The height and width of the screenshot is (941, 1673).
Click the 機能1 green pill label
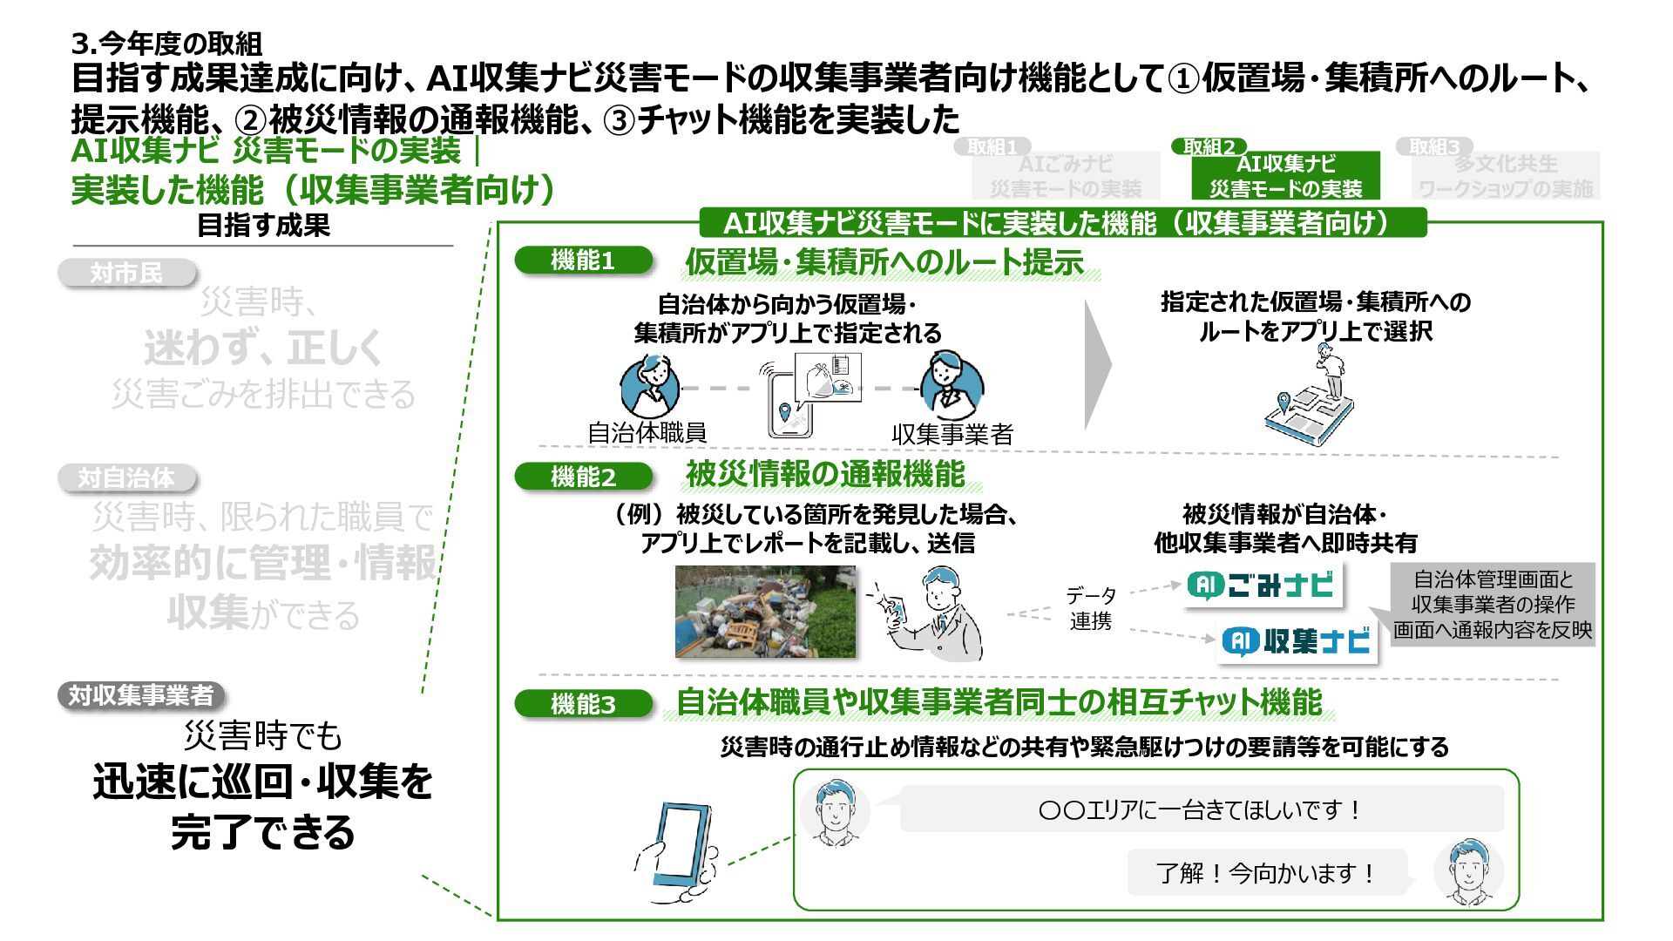tap(583, 261)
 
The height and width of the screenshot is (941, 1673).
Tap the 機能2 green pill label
tap(583, 477)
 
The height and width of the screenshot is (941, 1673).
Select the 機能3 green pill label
tap(583, 704)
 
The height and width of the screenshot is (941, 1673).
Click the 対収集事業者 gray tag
tap(141, 695)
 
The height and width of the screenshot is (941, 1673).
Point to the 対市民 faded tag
tap(127, 273)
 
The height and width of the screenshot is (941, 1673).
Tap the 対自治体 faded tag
tap(127, 478)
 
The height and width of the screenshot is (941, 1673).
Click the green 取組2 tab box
tap(1285, 175)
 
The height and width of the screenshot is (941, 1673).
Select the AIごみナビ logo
tap(1263, 585)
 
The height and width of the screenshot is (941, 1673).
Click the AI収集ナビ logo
tap(1297, 642)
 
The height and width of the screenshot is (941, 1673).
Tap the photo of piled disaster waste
tap(765, 611)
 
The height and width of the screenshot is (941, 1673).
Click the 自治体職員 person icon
tap(650, 386)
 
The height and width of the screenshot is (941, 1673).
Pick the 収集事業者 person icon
tap(952, 384)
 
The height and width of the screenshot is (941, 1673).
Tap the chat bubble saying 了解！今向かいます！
tap(1267, 872)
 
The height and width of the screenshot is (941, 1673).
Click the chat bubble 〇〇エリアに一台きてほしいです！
tap(1201, 809)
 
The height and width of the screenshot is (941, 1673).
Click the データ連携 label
tap(1090, 608)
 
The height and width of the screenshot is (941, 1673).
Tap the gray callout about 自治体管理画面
tap(1492, 605)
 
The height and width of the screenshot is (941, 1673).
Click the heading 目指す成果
tap(263, 226)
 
